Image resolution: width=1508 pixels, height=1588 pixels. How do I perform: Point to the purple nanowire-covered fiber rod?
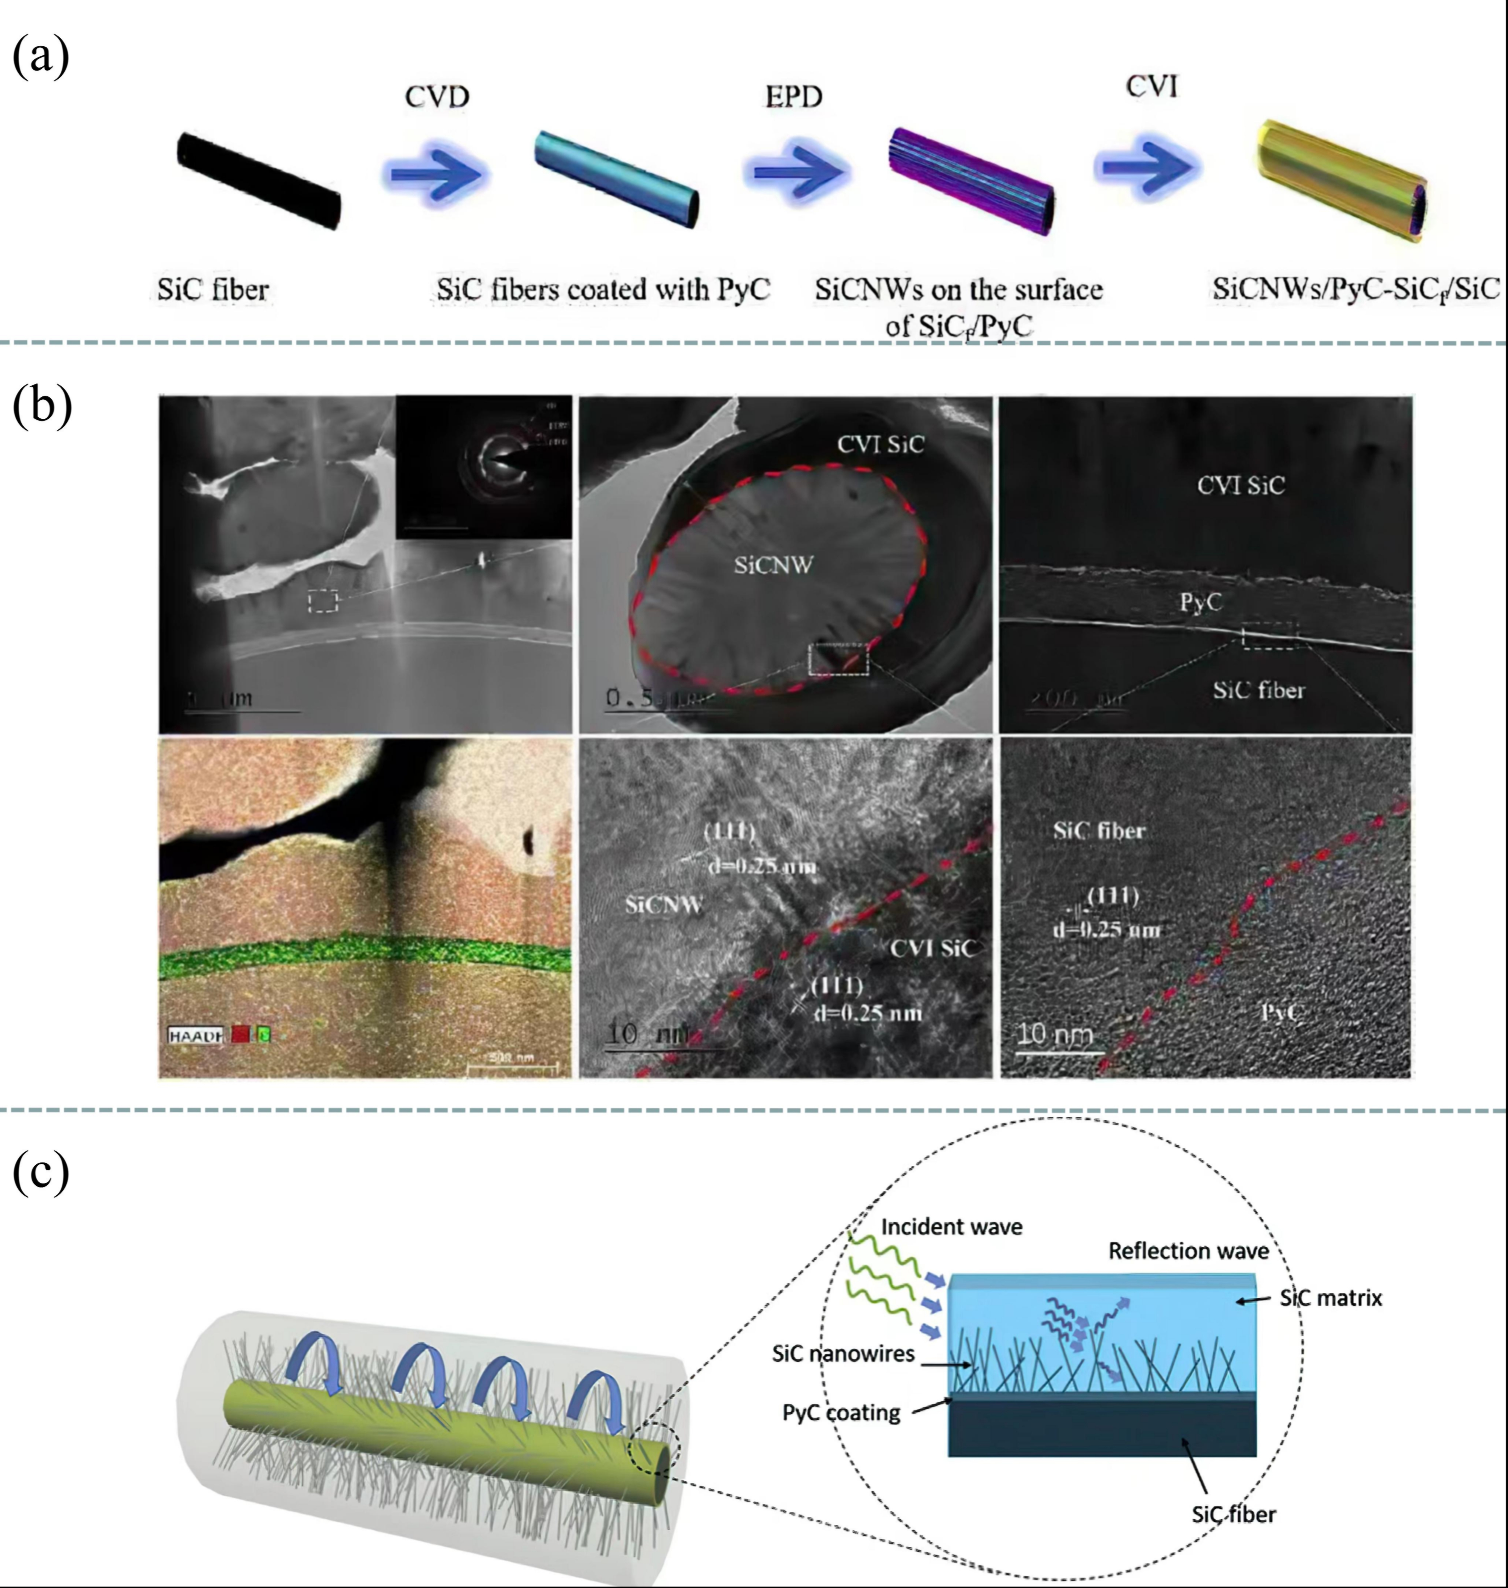[x=971, y=181]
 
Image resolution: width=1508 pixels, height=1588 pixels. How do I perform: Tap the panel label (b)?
[x=42, y=406]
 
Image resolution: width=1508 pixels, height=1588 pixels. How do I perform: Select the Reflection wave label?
[x=1188, y=1250]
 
